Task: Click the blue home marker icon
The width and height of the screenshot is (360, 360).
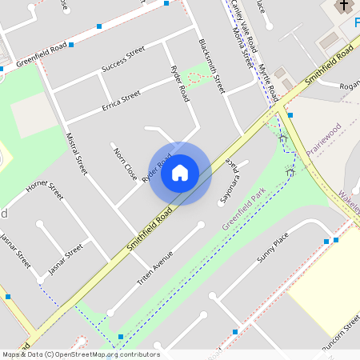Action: [x=180, y=173]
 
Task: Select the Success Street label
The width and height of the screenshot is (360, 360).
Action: [x=123, y=61]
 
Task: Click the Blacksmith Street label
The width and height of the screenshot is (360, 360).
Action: [x=212, y=65]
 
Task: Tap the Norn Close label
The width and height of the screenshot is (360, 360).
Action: [x=124, y=163]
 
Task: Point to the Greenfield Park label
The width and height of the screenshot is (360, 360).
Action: [x=243, y=210]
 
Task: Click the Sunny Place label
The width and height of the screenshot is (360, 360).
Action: [x=272, y=249]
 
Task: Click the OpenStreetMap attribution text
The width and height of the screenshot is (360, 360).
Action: [x=80, y=354]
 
